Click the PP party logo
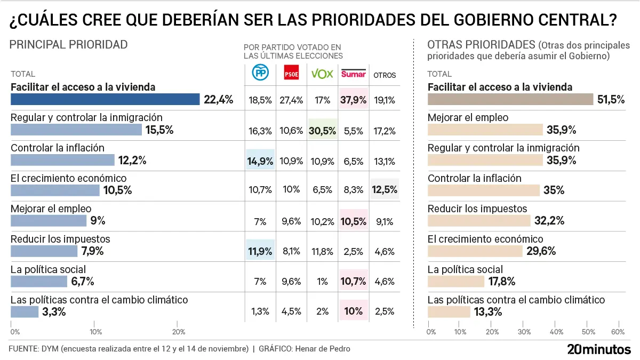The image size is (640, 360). coord(260,74)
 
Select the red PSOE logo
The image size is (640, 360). coord(291,74)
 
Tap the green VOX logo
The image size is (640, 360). coord(322,74)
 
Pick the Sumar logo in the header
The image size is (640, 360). coord(354,74)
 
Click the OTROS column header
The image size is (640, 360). coord(385,75)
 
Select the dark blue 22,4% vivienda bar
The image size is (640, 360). coord(105,99)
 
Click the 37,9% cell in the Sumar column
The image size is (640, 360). coord(354,99)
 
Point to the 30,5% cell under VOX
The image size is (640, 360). coord(323,130)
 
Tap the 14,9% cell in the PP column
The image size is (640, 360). coord(260,160)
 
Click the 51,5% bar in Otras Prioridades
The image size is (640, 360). coord(510,99)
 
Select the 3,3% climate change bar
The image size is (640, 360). coord(25,312)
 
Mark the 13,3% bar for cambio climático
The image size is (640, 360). coord(449,312)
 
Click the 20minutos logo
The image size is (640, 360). coord(598,349)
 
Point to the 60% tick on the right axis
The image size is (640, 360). coord(618,332)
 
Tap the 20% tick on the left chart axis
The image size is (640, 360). coord(179,332)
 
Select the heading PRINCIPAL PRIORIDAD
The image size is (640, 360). coord(69,45)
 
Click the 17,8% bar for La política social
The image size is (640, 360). coord(456,282)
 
